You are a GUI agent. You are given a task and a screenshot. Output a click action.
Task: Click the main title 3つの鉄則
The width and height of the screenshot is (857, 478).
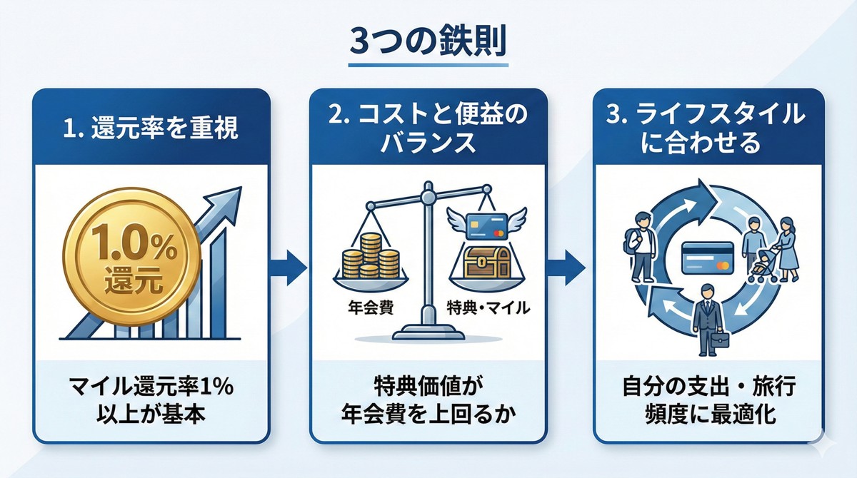pyautogui.click(x=428, y=41)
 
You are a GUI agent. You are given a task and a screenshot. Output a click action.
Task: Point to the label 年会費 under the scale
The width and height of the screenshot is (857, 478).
pyautogui.click(x=364, y=309)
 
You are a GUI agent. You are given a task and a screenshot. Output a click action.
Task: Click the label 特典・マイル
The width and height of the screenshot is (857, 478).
pyautogui.click(x=487, y=309)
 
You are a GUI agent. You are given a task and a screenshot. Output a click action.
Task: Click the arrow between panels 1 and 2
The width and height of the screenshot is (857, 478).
pyautogui.click(x=289, y=265)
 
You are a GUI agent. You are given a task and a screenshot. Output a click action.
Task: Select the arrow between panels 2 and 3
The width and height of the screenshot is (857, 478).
pyautogui.click(x=568, y=265)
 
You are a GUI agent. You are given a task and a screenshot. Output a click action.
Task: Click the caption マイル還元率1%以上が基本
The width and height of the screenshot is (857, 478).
pyautogui.click(x=151, y=402)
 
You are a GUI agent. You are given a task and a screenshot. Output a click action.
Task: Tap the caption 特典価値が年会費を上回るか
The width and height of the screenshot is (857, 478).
pyautogui.click(x=428, y=402)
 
